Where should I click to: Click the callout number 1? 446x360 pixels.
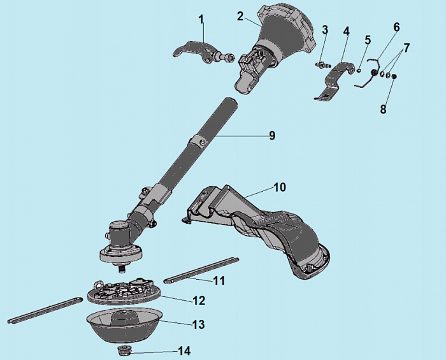201,20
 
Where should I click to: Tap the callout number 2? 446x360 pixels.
241,16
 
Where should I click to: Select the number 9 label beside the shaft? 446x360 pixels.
272,135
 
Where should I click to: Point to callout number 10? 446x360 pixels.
280,187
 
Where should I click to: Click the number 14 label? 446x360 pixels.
184,351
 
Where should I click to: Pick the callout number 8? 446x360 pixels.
383,109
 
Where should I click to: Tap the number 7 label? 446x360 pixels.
406,48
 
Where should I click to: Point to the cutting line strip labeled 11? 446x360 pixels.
201,270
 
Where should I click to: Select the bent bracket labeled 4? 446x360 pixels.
334,80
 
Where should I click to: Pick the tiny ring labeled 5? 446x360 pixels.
359,70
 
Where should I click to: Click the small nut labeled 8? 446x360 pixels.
394,76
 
